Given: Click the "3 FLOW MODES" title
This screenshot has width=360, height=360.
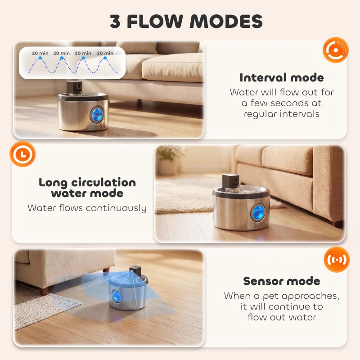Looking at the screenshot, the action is coord(186,21).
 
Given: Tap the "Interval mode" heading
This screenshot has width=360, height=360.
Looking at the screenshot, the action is coord(282,77).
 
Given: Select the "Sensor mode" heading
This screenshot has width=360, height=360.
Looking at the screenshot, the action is coord(282,281).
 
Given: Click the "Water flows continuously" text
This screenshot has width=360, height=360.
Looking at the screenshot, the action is coord(87,208).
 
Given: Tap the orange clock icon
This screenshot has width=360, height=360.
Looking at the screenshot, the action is coord(22,154).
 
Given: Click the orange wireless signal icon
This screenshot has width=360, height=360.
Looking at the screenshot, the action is coord(337,260).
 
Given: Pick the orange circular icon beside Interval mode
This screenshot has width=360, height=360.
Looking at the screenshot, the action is coord(335,50).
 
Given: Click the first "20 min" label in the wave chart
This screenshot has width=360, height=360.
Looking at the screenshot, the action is coord(40,53).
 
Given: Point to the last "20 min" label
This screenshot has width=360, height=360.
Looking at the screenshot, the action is coord(105,53).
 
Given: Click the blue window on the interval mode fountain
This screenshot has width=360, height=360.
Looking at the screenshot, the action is coord(96,115).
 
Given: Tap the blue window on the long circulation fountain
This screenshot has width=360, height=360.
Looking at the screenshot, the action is coord(258,212).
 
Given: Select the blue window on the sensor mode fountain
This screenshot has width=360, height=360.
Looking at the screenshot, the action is coord(117,296).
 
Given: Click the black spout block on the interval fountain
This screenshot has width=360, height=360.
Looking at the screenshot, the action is coord(74,87).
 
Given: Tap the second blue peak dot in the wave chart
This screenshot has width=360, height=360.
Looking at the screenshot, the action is coord(62,58).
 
